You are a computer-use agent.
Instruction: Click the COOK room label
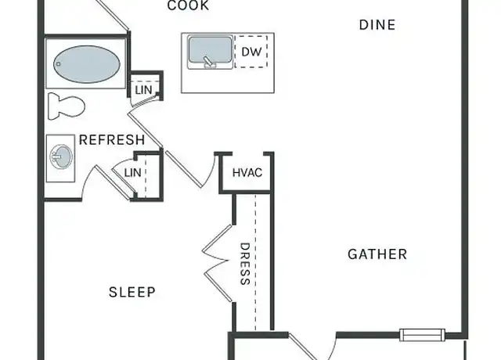(x=188, y=5)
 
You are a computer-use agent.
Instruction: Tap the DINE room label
(x=377, y=25)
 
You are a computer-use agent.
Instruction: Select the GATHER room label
(x=377, y=254)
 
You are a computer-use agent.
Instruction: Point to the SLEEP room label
(x=132, y=292)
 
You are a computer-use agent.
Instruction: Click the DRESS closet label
(x=245, y=264)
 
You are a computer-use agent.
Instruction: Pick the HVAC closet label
(x=247, y=173)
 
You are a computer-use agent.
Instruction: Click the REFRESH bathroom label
(x=112, y=140)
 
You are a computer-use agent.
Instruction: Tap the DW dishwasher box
(x=251, y=52)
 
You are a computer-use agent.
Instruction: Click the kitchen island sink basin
(x=210, y=49)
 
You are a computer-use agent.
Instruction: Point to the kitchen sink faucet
(x=210, y=61)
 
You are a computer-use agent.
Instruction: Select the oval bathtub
(x=87, y=64)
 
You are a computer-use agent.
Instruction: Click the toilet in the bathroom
(x=66, y=106)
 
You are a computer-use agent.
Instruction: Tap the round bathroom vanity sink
(x=61, y=157)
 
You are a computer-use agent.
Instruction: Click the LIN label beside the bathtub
(x=143, y=90)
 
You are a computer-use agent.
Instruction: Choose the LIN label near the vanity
(x=132, y=173)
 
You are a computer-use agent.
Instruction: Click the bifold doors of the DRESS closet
(x=218, y=263)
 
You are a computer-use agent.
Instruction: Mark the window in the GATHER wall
(x=422, y=335)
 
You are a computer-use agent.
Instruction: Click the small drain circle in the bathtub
(x=59, y=64)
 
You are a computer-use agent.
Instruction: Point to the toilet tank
(x=53, y=106)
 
